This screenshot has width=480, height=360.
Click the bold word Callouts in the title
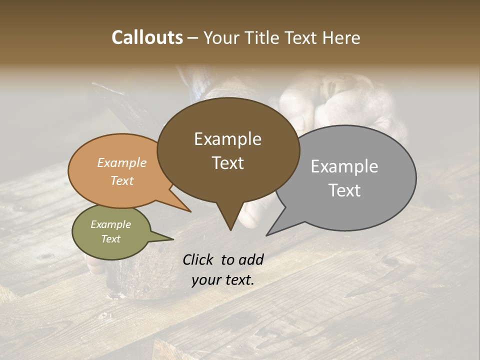tap(147, 38)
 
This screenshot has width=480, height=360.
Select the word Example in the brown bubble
tap(227, 139)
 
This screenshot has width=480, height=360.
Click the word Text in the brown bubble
tap(227, 163)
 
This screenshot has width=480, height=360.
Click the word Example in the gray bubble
tap(344, 166)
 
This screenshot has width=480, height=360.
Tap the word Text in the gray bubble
tap(344, 190)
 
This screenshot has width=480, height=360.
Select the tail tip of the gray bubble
tap(267, 234)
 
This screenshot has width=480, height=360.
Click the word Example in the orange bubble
tap(122, 163)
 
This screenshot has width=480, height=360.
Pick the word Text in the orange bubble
tap(122, 180)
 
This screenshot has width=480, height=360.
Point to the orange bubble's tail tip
tap(190, 211)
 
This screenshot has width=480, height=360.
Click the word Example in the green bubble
tap(111, 224)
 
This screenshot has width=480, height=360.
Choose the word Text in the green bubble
tap(111, 239)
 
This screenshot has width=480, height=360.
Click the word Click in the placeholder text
tap(199, 259)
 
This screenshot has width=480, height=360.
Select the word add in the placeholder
tap(251, 259)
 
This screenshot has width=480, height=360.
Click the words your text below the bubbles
tap(222, 280)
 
